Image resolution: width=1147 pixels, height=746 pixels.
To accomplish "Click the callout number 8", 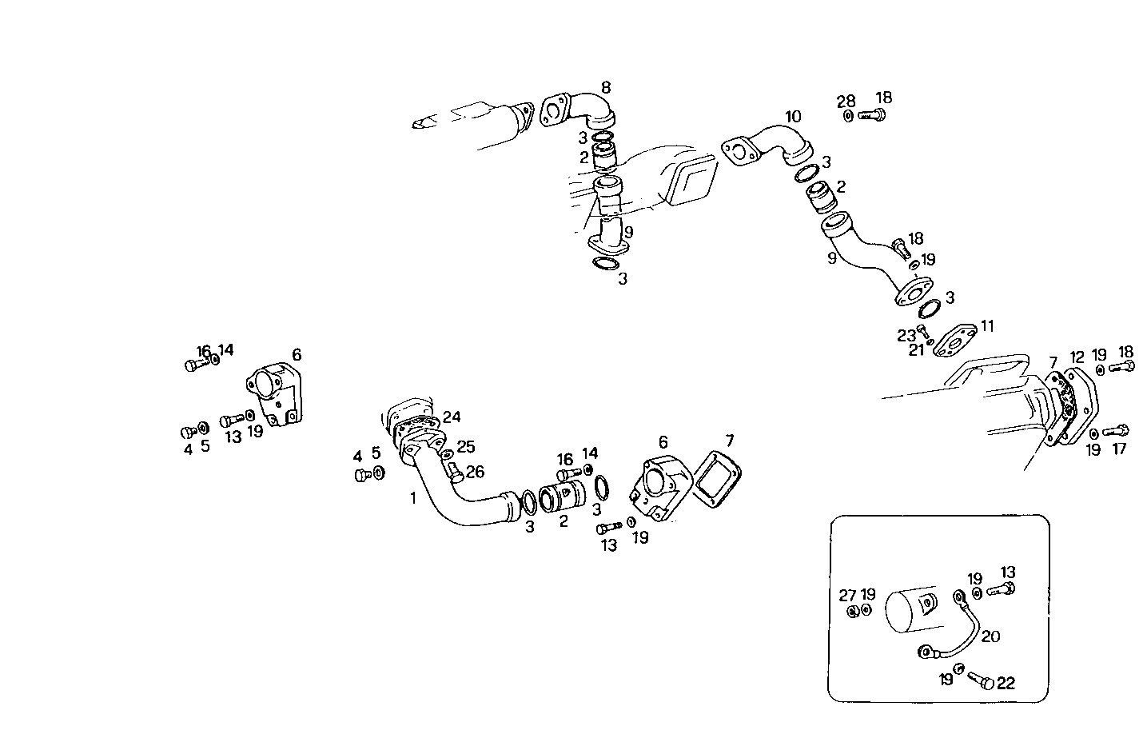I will pos(606,86).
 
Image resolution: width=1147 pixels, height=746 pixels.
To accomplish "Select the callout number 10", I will pos(792,117).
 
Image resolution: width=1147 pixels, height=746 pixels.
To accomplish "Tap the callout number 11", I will pos(988,325).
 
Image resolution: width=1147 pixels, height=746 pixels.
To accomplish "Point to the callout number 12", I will pos(1077,357).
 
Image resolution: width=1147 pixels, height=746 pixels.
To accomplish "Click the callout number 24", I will pos(452,417).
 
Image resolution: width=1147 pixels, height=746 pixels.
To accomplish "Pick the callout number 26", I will pos(475,472).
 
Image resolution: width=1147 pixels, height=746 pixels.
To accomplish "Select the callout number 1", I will pos(413,498).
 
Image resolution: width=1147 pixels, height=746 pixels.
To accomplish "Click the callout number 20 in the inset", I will pos(990,636).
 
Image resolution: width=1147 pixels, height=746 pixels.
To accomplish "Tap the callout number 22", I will pos(1006,683).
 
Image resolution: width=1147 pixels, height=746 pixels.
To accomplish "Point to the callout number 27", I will pos(847,595).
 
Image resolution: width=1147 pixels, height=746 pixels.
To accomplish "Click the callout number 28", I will pos(846,102).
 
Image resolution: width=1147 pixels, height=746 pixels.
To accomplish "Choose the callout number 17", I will pos(1119,449).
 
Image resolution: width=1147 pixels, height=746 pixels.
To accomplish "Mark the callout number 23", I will pos(906,336).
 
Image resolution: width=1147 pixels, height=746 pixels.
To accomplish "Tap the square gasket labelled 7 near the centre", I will pos(714,479).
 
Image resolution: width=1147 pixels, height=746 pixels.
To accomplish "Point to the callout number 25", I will pos(465,447).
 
